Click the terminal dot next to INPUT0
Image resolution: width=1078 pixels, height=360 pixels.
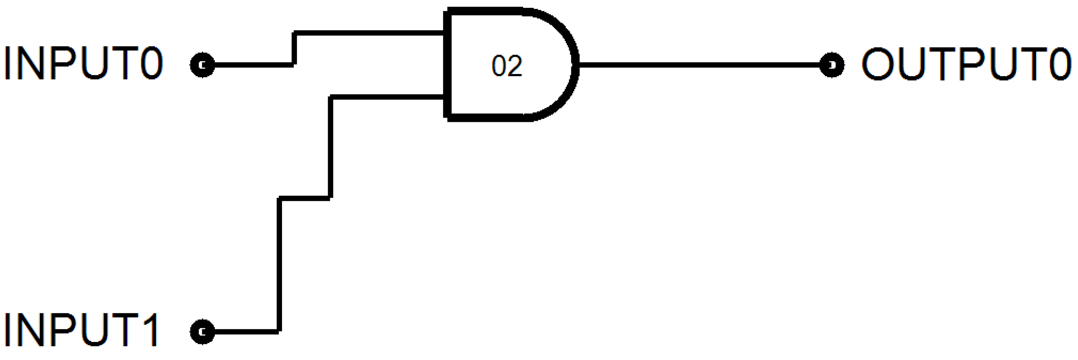tap(203, 65)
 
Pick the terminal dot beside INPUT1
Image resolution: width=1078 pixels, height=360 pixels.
tap(203, 332)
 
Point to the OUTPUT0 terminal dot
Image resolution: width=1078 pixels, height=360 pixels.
tap(832, 65)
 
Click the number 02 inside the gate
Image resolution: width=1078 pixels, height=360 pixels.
tap(507, 66)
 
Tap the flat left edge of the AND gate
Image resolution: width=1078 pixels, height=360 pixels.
tap(447, 65)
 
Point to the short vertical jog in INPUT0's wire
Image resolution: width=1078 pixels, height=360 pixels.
tap(295, 49)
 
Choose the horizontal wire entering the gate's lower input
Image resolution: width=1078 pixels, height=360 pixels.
tap(387, 97)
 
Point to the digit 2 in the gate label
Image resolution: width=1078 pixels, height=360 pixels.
tap(516, 66)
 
